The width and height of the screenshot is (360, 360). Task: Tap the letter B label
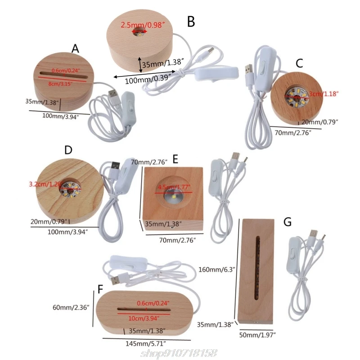tap(191, 21)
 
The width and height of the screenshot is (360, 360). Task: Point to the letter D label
tap(68, 150)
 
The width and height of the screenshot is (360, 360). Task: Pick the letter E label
tap(175, 159)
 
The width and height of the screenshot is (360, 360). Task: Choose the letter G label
tap(288, 222)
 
